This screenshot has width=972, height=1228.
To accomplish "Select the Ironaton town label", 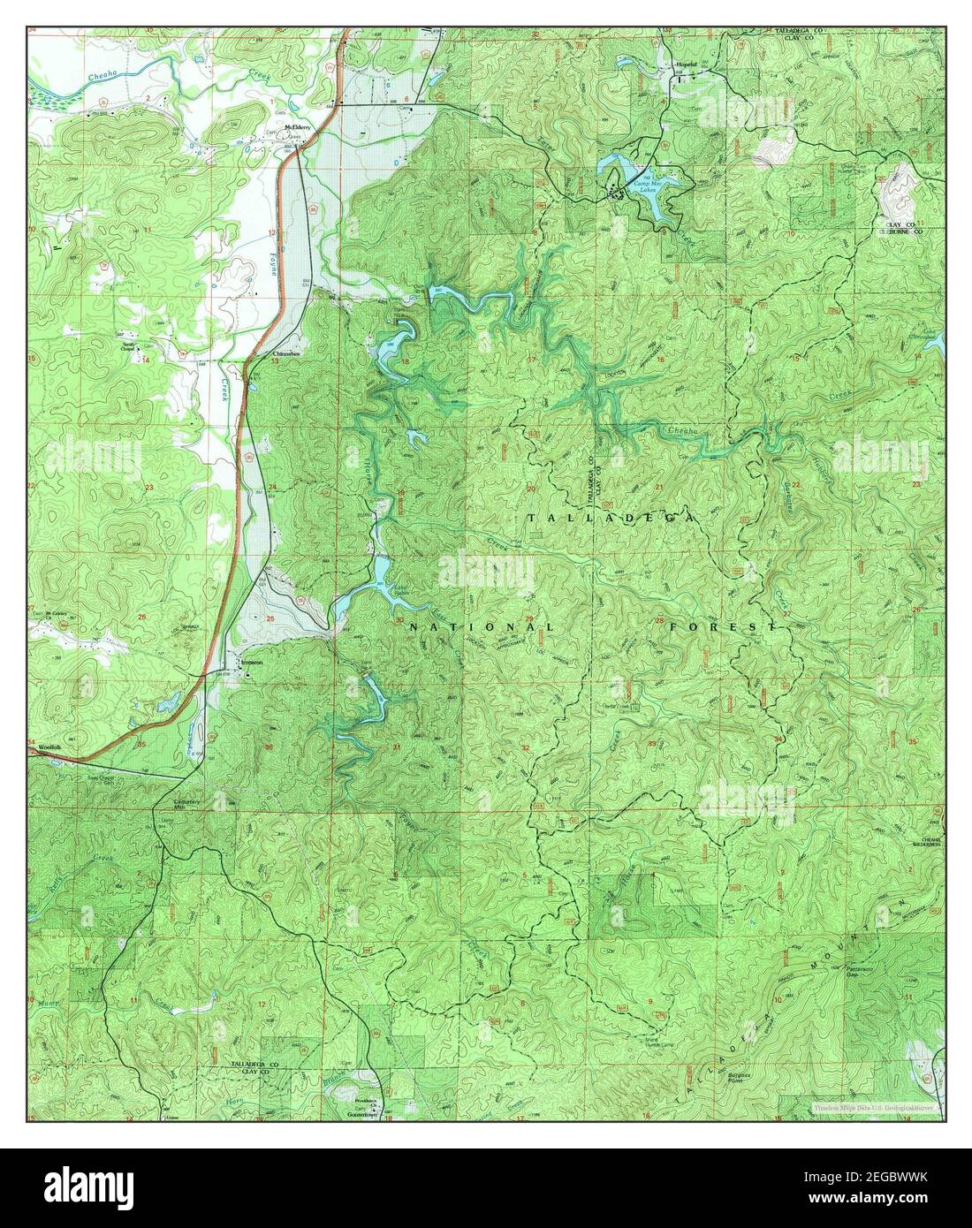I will pos(252,661).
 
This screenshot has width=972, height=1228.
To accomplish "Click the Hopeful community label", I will pos(687,66).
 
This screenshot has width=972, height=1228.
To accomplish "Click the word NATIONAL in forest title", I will pos(482,627).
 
